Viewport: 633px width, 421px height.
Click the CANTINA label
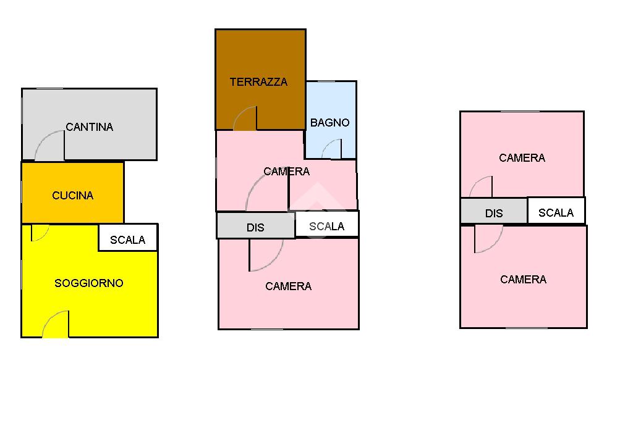pyautogui.click(x=90, y=127)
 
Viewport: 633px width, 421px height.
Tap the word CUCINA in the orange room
pyautogui.click(x=73, y=196)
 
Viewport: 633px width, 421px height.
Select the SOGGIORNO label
pyautogui.click(x=89, y=283)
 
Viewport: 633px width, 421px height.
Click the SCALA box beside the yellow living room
pyautogui.click(x=128, y=240)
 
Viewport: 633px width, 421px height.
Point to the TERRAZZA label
pyautogui.click(x=258, y=81)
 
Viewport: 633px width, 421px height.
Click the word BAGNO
pyautogui.click(x=329, y=123)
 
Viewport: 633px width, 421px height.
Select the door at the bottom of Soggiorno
pyautogui.click(x=56, y=325)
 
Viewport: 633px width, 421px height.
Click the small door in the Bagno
pyautogui.click(x=332, y=149)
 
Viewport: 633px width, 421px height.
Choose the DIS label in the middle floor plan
pyautogui.click(x=255, y=228)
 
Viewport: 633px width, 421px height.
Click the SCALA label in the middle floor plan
pyautogui.click(x=326, y=227)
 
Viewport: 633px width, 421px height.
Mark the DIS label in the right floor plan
pyautogui.click(x=494, y=214)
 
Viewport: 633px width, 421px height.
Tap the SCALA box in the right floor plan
pyautogui.click(x=556, y=213)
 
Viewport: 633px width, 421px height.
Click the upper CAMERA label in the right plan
pyautogui.click(x=522, y=158)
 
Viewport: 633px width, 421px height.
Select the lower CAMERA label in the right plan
pyautogui.click(x=523, y=280)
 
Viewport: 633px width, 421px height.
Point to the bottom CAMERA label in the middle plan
pyautogui.click(x=288, y=286)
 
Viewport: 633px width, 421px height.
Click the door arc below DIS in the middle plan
pyautogui.click(x=266, y=255)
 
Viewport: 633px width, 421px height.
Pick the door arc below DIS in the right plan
pyautogui.click(x=488, y=239)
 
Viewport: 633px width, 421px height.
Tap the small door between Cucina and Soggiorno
pyautogui.click(x=40, y=232)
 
